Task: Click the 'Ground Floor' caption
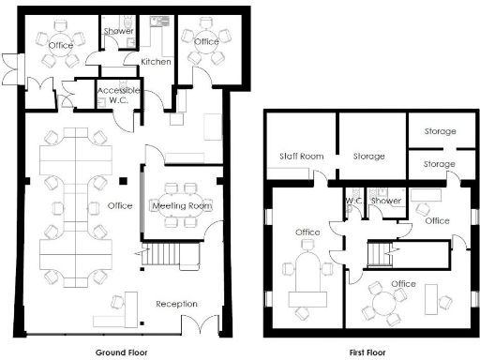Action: (124, 352)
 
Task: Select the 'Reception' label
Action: (176, 304)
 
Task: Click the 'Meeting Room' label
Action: (181, 205)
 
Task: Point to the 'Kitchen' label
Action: (156, 62)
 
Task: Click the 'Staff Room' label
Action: (301, 156)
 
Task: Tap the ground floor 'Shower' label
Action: (118, 32)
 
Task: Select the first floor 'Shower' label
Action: (385, 201)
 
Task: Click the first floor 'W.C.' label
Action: (354, 201)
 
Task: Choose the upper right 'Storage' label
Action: (439, 131)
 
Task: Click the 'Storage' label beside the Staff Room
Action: (368, 156)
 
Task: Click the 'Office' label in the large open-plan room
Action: (119, 205)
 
